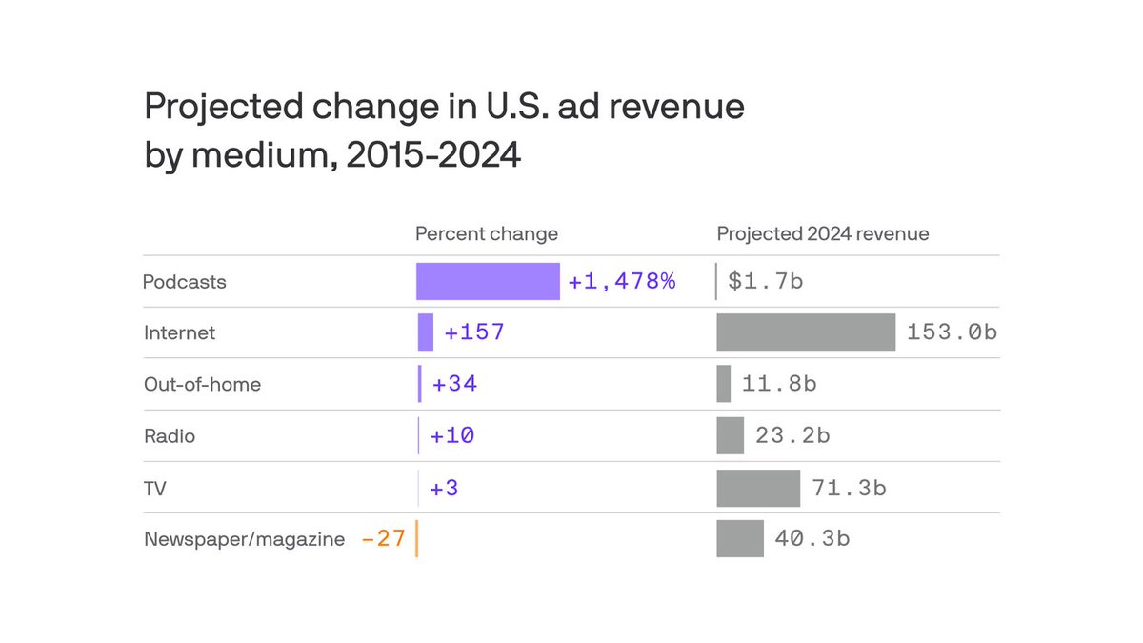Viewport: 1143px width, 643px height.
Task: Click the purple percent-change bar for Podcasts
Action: point(488,282)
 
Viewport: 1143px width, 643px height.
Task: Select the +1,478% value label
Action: point(622,282)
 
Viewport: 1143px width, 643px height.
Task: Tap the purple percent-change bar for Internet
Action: point(426,332)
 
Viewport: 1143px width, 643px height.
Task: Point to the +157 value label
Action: point(473,332)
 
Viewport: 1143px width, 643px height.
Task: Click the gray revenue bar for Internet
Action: point(806,332)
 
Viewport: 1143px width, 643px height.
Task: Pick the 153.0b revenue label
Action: point(952,332)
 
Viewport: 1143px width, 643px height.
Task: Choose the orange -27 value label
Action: point(384,539)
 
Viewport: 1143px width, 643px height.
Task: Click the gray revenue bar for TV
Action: point(758,488)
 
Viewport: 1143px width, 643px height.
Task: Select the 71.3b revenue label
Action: point(849,488)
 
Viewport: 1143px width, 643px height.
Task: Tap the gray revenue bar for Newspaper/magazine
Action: point(740,538)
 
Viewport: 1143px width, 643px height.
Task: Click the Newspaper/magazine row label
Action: point(244,539)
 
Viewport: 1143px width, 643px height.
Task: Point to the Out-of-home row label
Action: point(202,385)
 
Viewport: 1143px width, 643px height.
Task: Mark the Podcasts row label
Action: point(185,282)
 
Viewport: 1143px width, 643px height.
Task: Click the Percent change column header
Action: point(487,233)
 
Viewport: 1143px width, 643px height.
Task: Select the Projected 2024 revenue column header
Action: point(823,233)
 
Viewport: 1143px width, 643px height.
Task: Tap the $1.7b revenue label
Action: point(766,282)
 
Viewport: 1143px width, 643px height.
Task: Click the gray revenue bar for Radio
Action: point(730,435)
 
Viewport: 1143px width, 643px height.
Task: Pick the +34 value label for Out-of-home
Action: point(454,384)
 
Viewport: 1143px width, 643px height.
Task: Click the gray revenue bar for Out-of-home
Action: point(724,384)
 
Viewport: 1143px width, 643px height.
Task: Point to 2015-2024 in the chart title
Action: point(433,155)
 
